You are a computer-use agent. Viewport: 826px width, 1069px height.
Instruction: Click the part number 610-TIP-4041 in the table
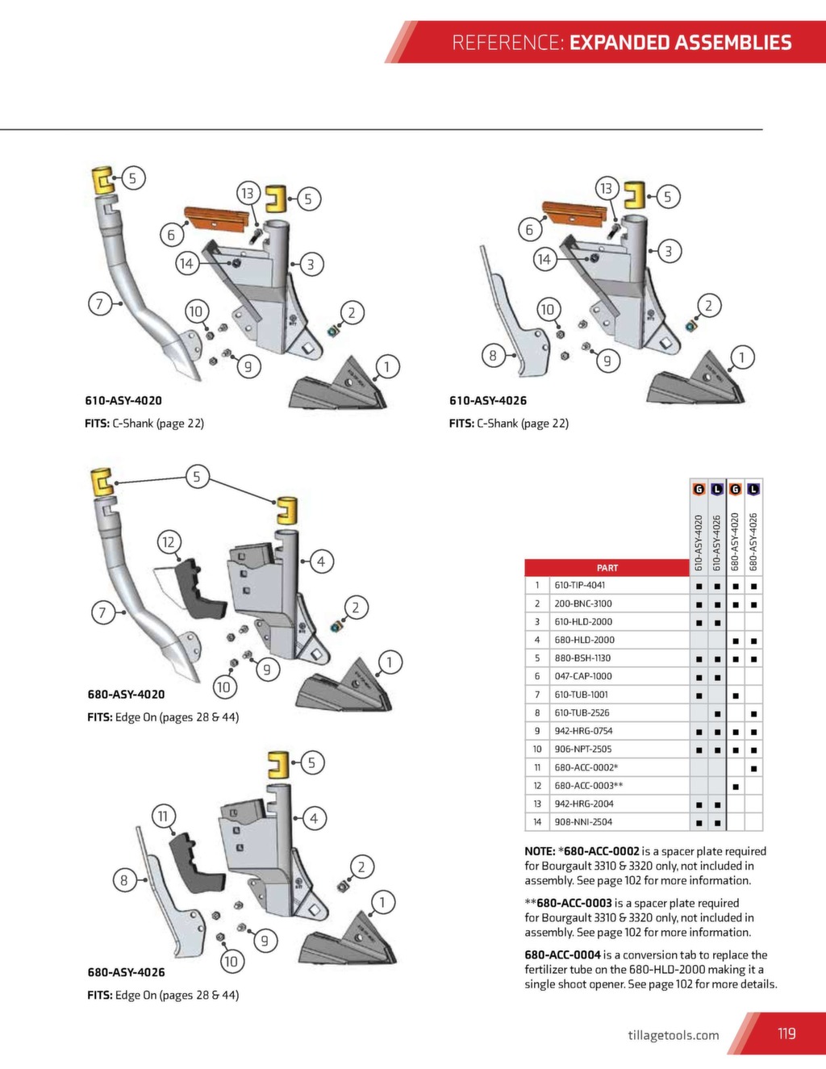point(579,585)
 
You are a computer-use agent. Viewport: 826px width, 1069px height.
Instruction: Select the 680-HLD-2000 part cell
point(584,640)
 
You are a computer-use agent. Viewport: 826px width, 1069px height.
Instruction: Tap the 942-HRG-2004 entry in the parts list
point(583,804)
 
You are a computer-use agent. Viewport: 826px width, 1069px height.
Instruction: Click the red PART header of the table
point(607,568)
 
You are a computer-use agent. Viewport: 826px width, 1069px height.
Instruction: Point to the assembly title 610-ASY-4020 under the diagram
point(123,400)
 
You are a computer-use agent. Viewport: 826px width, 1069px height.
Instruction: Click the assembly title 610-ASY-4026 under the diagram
point(488,400)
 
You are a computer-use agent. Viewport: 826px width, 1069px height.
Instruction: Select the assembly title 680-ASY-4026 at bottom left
point(126,972)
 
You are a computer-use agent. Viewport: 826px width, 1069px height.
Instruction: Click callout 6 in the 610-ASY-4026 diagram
point(529,230)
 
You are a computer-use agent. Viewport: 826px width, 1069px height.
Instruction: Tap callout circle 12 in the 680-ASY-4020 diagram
point(168,542)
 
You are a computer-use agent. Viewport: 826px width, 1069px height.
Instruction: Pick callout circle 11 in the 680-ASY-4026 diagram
point(163,816)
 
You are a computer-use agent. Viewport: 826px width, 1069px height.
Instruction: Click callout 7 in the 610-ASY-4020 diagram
point(100,304)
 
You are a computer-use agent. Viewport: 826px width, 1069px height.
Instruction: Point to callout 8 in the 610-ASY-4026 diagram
point(493,355)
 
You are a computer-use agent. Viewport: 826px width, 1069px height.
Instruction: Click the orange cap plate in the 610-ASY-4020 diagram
point(219,218)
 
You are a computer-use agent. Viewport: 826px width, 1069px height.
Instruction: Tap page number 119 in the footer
point(786,1034)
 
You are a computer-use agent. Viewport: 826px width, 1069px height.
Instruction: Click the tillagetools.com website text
point(673,1035)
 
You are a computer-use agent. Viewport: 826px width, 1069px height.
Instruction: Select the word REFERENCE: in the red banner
point(507,43)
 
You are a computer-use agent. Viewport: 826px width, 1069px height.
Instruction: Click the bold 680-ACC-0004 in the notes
point(562,954)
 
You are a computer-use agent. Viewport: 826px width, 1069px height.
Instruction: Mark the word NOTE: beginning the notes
point(540,851)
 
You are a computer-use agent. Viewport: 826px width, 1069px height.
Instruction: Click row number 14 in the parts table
point(536,822)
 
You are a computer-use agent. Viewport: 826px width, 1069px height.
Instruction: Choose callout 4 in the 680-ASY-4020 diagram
point(321,562)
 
